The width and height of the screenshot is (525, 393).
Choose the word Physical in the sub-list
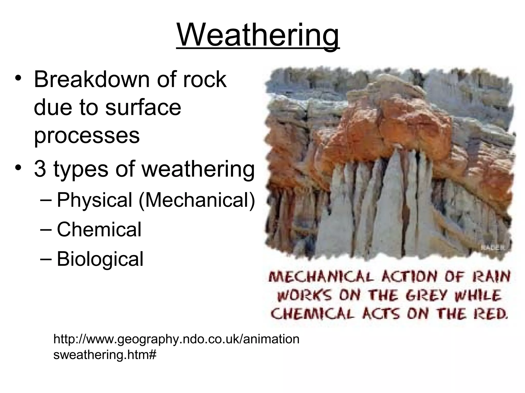(x=94, y=200)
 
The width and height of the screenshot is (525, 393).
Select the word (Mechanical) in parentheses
(x=197, y=200)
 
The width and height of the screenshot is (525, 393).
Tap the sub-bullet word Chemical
(x=99, y=229)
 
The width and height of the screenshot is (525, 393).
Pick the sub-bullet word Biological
(x=100, y=259)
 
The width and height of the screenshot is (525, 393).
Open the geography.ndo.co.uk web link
(x=176, y=347)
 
